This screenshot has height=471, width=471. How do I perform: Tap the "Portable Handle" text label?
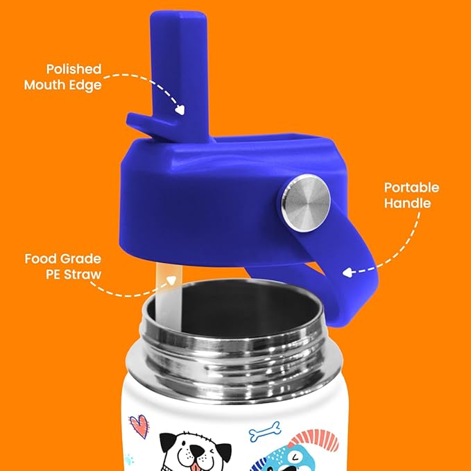click(x=411, y=196)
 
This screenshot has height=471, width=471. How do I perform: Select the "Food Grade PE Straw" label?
click(x=63, y=266)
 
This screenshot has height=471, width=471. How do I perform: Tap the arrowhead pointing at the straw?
click(x=169, y=280)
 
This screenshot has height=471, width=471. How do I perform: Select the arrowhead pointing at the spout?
click(x=180, y=109)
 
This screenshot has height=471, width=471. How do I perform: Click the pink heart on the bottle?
click(x=138, y=424)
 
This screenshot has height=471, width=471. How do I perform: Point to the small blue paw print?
click(x=128, y=458)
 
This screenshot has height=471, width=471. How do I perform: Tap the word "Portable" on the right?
click(x=411, y=188)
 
